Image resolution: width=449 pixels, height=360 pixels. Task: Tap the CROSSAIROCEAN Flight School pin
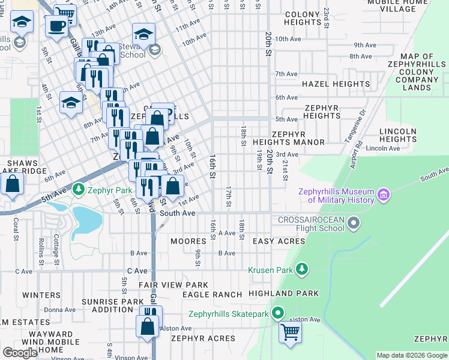[x=354, y=224]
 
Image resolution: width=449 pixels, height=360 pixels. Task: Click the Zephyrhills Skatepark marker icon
[x=277, y=313]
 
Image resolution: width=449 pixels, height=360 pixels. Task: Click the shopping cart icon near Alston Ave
[x=291, y=331]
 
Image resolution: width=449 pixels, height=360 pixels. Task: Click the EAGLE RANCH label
[x=212, y=295]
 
